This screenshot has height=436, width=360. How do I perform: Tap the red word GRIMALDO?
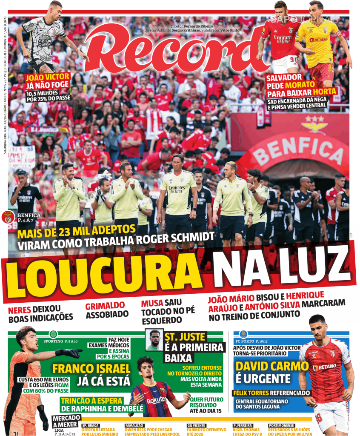(105, 306)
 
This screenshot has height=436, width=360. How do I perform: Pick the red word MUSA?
(152, 303)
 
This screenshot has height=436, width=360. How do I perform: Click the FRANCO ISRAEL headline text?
(91, 369)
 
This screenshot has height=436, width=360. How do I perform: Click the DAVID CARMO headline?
(271, 367)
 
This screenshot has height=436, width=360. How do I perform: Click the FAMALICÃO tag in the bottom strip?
(135, 425)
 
